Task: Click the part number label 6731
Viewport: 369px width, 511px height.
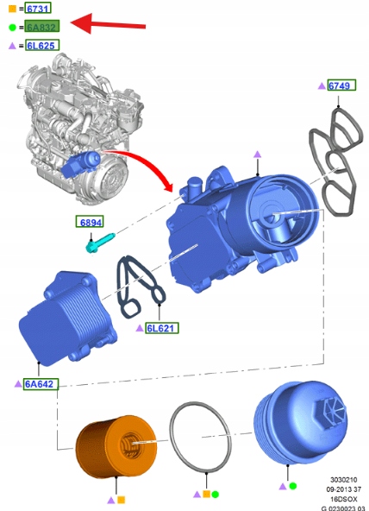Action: (38, 9)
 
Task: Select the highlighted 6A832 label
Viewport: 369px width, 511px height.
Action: (42, 27)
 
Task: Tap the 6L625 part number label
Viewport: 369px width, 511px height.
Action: (42, 45)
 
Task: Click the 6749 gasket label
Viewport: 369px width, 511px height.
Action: (341, 85)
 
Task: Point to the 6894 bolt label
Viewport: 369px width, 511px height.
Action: (90, 222)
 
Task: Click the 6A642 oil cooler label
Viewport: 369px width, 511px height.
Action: (41, 384)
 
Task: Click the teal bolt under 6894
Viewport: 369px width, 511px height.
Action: (99, 242)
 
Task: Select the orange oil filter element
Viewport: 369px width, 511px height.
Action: (116, 446)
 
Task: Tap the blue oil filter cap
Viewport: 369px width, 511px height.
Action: (300, 422)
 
